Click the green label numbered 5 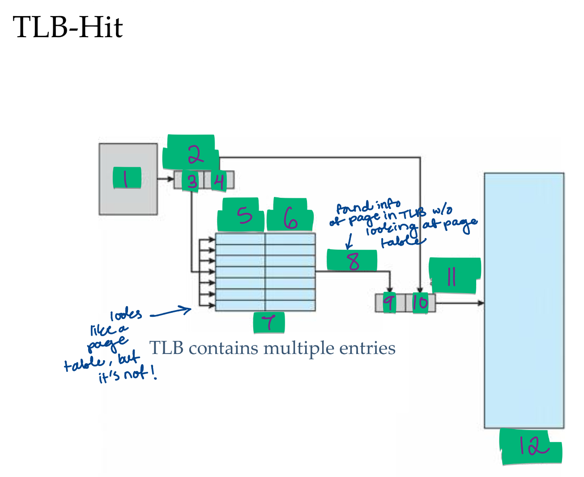point(241,215)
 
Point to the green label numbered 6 point(290,216)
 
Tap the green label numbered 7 point(269,322)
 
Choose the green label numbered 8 point(352,260)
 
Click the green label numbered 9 point(389,303)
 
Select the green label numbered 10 point(420,303)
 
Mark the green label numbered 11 point(454,275)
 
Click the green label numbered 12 point(531,447)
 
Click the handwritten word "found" point(354,208)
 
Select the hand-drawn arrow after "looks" point(170,312)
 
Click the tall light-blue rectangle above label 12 point(524,300)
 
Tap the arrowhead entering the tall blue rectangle point(481,303)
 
